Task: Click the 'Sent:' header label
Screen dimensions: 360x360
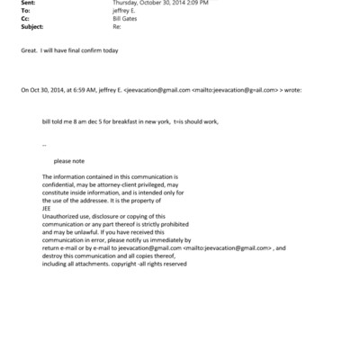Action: pos(27,4)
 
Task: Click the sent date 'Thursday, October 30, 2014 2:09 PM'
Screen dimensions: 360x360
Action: pos(157,4)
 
